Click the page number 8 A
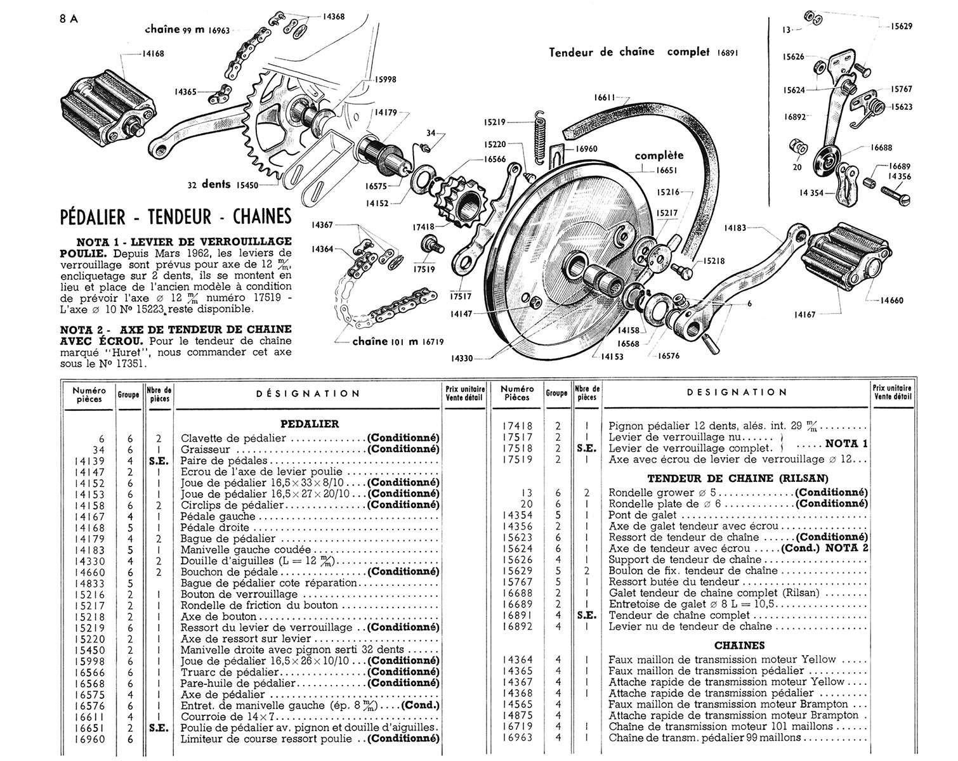tap(69, 18)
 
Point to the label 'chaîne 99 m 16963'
tap(187, 30)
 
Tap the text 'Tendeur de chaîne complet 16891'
tap(643, 52)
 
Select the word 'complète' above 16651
tap(659, 155)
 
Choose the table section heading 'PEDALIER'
tap(309, 424)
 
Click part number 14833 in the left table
tap(89, 583)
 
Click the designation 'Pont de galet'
tap(638, 515)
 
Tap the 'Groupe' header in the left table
tap(128, 394)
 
